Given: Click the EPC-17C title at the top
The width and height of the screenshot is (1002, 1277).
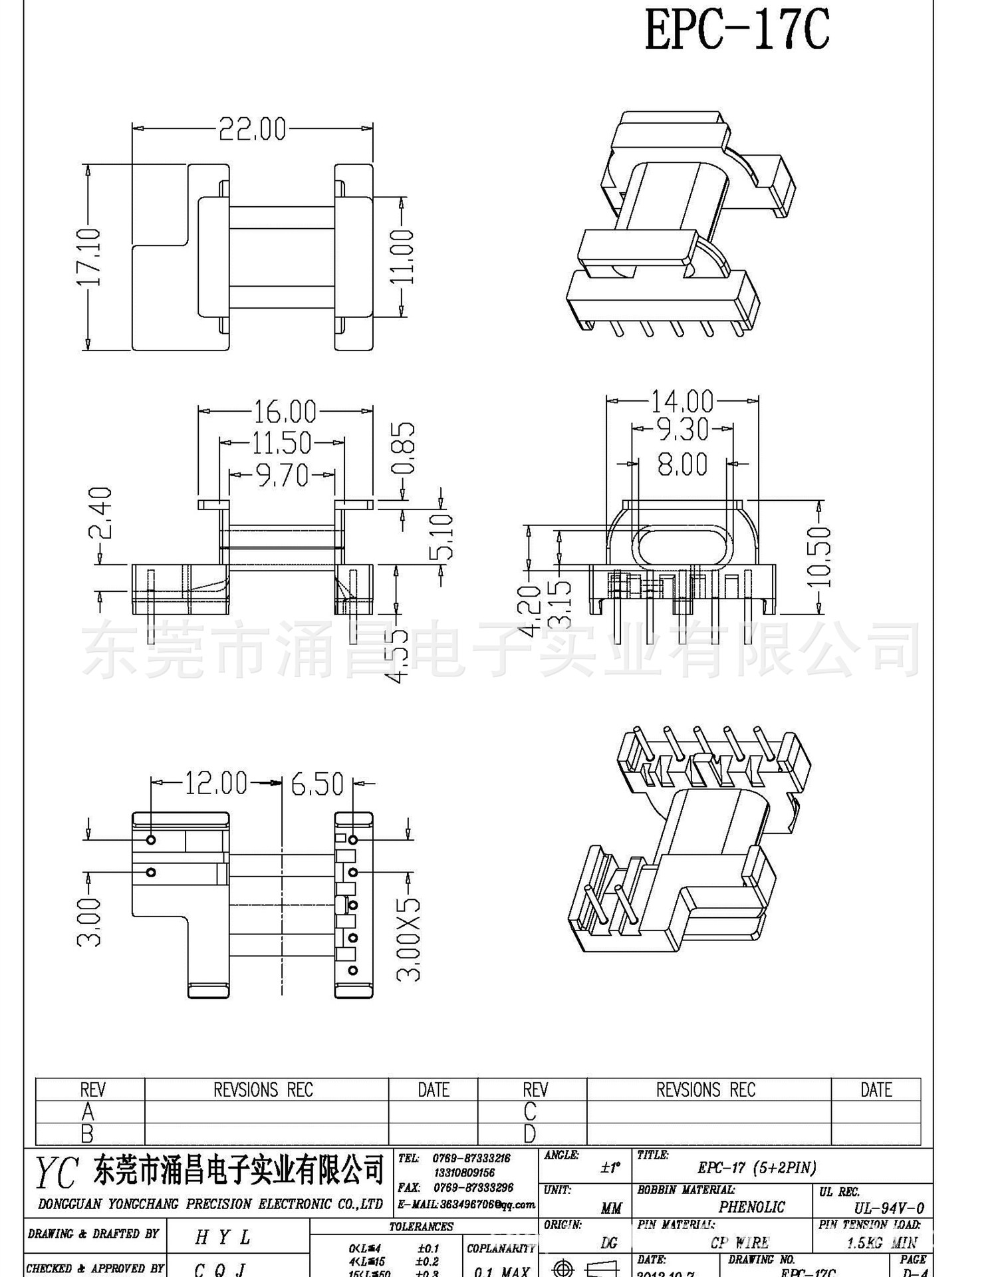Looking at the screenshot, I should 737,30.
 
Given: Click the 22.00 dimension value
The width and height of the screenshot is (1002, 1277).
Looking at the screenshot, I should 252,129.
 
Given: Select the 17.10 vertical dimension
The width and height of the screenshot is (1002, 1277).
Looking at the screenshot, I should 89,257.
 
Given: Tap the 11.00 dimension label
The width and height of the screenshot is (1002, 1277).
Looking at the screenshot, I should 402,257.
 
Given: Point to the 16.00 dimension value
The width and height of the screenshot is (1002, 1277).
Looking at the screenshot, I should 285,412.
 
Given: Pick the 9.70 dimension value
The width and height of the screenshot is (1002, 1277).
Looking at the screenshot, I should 283,476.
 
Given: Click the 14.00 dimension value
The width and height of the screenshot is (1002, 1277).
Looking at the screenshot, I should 682,402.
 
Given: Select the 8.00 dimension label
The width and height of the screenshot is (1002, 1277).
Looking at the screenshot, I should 682,464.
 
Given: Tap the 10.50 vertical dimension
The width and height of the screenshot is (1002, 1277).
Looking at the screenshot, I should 819,557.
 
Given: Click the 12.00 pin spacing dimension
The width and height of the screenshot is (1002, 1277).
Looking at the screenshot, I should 215,783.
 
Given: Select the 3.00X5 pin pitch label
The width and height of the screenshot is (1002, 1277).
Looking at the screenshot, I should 408,939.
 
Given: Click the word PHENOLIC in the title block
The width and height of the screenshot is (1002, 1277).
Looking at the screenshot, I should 751,1207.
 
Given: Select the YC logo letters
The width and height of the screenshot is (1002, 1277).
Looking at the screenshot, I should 57,1173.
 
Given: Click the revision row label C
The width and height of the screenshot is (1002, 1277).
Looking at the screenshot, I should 530,1111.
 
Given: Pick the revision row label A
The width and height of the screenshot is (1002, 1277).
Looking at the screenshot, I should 88,1111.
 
